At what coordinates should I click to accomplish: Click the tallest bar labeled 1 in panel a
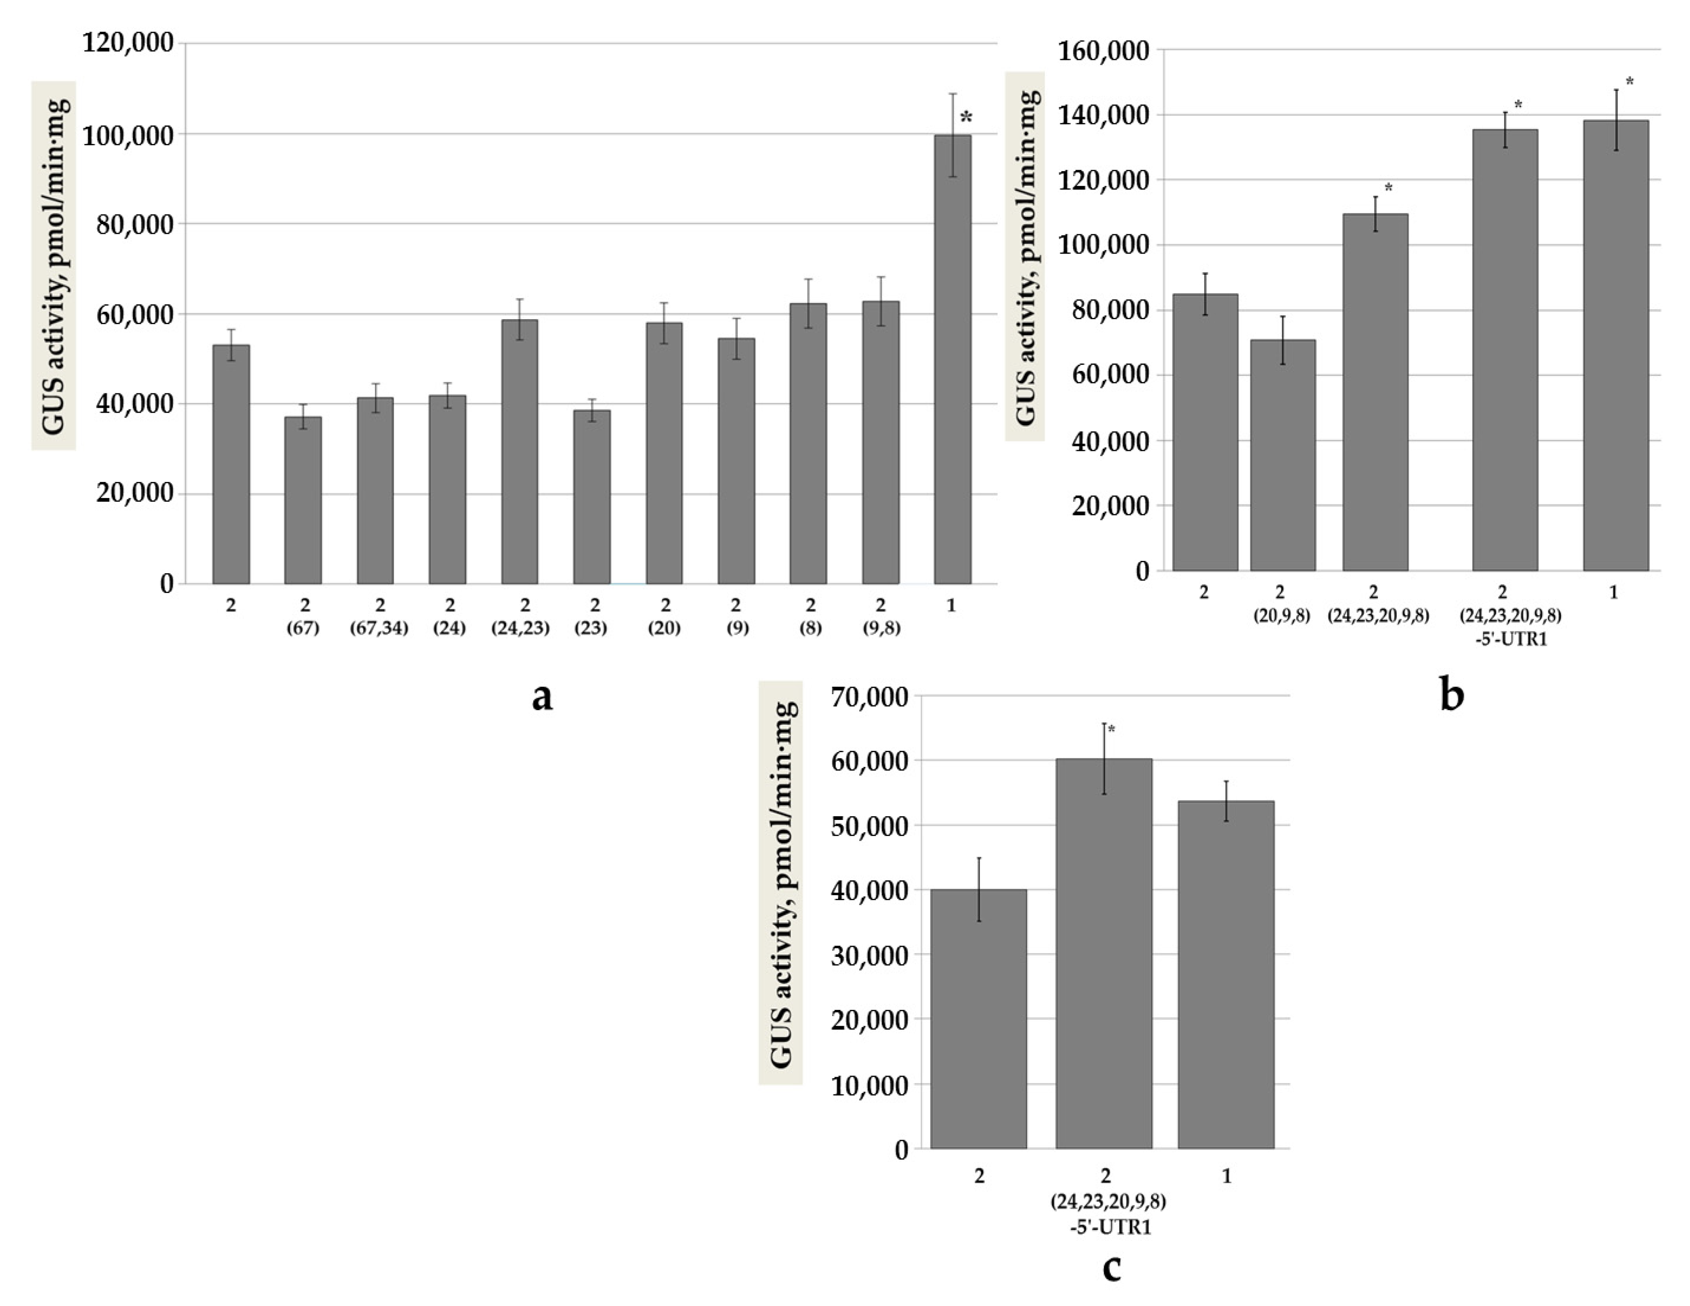(952, 360)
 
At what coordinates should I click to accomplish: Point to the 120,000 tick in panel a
(128, 43)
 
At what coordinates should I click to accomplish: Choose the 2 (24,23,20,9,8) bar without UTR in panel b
(1375, 392)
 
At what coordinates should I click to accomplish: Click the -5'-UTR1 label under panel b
(1511, 639)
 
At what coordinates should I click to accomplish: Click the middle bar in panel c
(1104, 954)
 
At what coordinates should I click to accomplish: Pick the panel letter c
(1111, 1267)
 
